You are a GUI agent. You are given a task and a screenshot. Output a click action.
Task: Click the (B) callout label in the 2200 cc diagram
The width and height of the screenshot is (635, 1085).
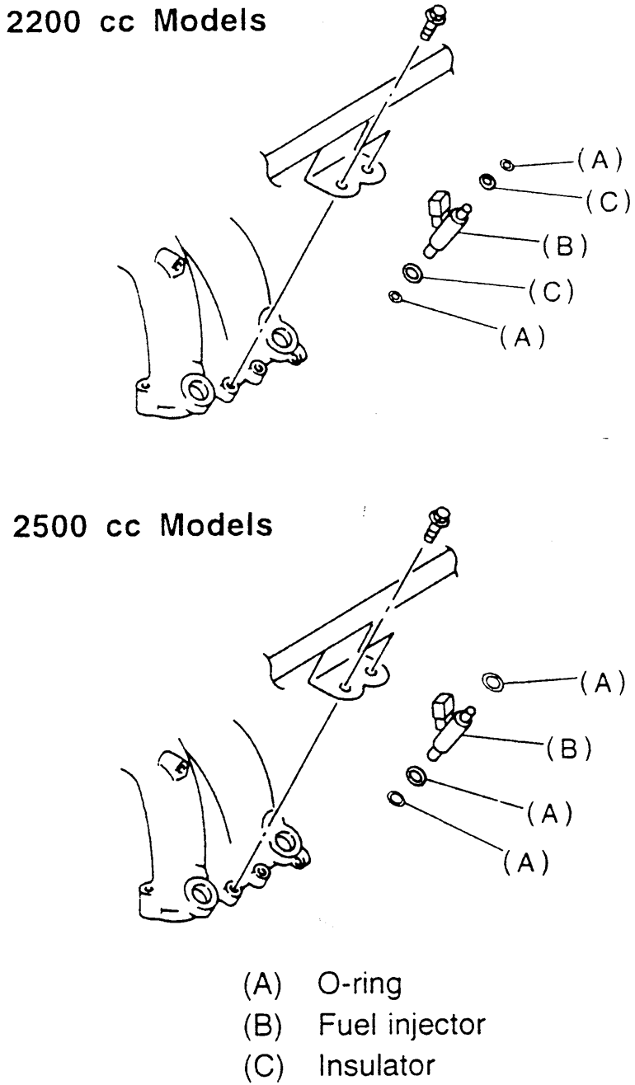[564, 246]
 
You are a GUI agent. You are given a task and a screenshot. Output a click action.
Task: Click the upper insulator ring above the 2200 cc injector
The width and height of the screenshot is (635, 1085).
[488, 181]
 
